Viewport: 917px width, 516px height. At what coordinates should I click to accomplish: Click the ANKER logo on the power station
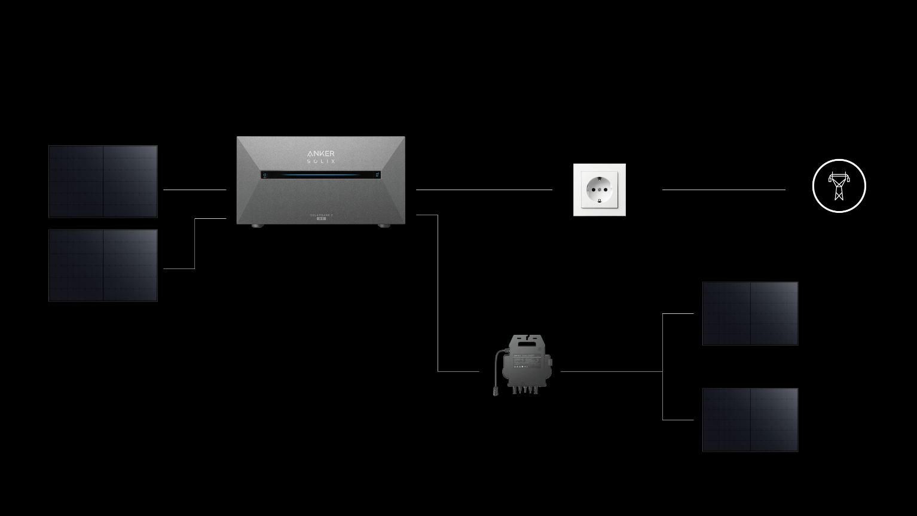click(321, 154)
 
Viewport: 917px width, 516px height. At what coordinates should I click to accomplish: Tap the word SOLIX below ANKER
click(321, 161)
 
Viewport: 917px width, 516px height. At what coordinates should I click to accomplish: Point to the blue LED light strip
click(320, 175)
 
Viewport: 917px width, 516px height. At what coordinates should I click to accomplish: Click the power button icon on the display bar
click(265, 175)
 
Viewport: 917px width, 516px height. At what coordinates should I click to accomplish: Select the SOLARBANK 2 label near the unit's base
click(321, 214)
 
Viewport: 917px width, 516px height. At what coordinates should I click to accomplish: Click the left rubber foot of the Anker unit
click(258, 226)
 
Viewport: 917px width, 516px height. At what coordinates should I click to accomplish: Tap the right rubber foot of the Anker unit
click(384, 226)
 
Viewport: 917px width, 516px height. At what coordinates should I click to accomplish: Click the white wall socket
click(600, 190)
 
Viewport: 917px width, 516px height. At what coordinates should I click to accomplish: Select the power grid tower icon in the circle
click(839, 186)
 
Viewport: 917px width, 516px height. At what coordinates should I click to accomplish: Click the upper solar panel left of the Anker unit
click(103, 181)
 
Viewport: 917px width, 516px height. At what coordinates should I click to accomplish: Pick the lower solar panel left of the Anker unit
click(103, 265)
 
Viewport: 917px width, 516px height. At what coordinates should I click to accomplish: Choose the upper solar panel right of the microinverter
click(750, 313)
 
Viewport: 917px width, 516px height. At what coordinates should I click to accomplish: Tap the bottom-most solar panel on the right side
click(750, 420)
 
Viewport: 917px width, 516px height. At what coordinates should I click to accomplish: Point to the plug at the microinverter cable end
click(496, 392)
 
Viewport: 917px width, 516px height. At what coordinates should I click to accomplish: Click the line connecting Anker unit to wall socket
click(484, 190)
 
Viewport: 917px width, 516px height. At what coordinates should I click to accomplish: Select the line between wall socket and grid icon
click(723, 190)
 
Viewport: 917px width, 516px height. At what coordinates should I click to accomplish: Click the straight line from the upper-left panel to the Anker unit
click(195, 190)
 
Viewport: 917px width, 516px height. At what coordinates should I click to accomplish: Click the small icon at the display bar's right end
click(377, 175)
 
